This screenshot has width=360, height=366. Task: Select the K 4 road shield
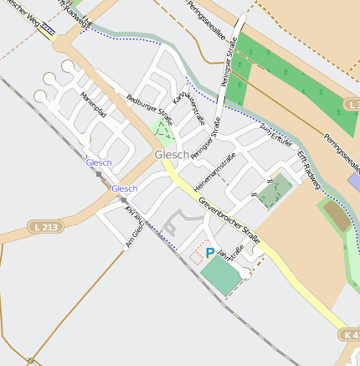point(352,334)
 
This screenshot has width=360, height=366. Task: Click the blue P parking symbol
point(209,252)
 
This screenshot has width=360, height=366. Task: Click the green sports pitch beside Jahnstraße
point(219,275)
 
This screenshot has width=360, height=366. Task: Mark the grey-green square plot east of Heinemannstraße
point(274,193)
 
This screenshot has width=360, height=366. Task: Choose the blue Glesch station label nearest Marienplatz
point(99,162)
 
